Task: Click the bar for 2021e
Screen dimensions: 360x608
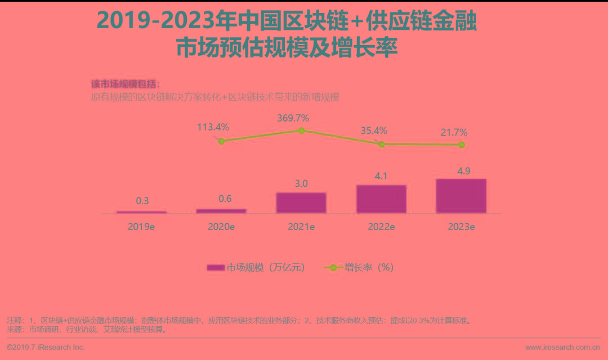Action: pos(301,202)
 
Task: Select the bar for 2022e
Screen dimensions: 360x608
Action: pos(381,199)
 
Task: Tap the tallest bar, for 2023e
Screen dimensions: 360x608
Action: pos(461,196)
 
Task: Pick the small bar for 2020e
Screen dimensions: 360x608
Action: pos(221,211)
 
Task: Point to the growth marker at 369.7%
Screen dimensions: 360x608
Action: pos(301,130)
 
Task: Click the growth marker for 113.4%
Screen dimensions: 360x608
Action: pos(221,141)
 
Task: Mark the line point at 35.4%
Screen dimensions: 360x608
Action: pos(381,144)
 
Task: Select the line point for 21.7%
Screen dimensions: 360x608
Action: pos(462,145)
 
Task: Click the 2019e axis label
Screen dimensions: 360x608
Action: pos(141,227)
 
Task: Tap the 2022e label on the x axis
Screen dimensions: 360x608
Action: pos(381,227)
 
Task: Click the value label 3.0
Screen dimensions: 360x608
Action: pos(301,184)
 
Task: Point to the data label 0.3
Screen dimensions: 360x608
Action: pos(142,201)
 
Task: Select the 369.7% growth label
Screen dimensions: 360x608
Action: pos(293,118)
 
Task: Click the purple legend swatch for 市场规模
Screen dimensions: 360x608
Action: pos(216,268)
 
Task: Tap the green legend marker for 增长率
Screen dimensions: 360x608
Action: pos(333,268)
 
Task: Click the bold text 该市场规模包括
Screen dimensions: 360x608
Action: pos(125,84)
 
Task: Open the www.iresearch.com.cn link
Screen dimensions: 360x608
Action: pos(562,348)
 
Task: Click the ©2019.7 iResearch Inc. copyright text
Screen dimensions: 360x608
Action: pos(46,348)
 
